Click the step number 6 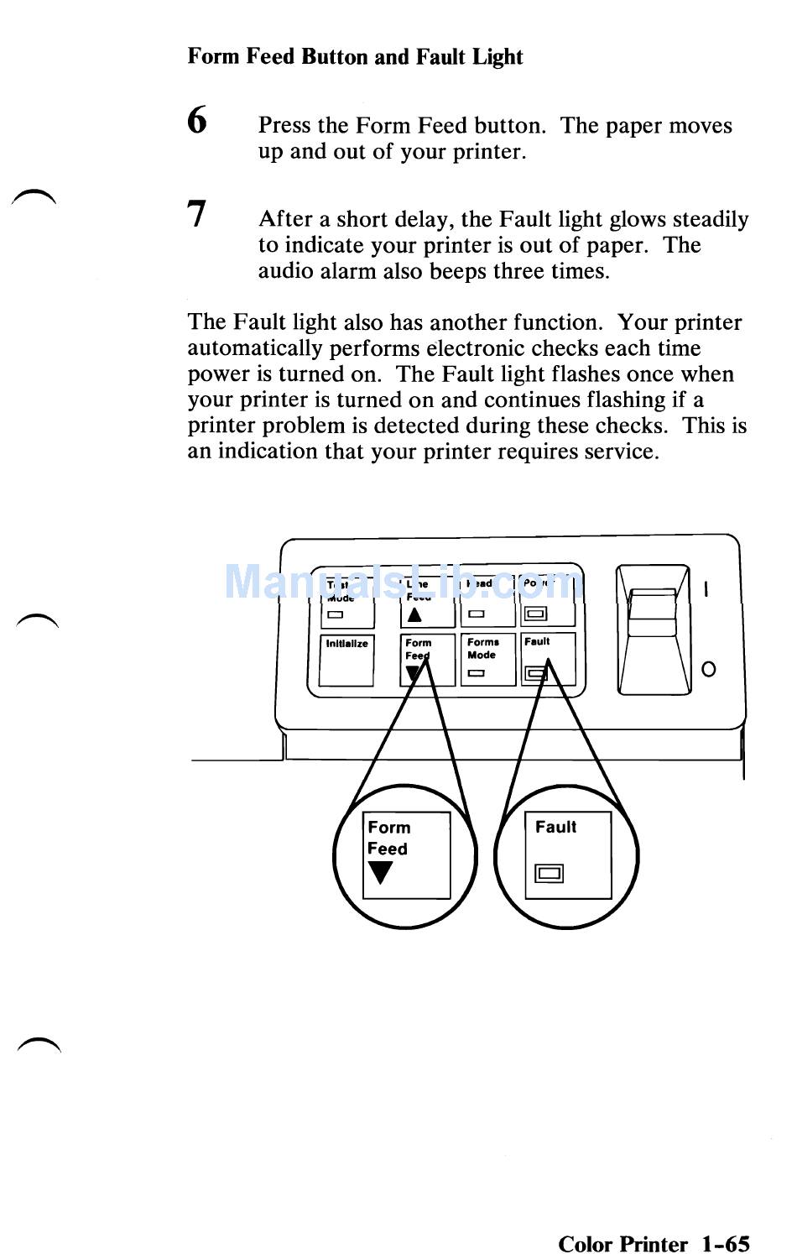(x=197, y=120)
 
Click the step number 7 (x=196, y=214)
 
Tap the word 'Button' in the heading (x=335, y=56)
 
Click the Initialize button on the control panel (x=346, y=660)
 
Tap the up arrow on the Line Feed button (x=414, y=614)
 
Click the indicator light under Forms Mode (x=477, y=672)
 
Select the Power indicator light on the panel (x=534, y=614)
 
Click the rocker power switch (x=653, y=630)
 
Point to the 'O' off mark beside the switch (x=708, y=669)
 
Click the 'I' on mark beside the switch (x=706, y=589)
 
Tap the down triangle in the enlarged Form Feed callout (x=381, y=872)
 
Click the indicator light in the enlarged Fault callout (x=550, y=874)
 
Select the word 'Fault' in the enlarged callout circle (x=555, y=827)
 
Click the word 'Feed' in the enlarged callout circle (x=388, y=849)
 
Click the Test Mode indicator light (x=336, y=614)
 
